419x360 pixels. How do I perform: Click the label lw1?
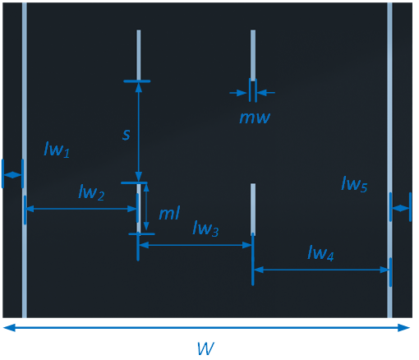point(57,150)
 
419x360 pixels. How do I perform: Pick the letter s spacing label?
point(126,133)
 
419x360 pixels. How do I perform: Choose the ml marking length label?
point(169,213)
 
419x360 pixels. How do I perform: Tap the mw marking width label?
point(255,117)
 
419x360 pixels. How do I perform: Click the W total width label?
point(206,348)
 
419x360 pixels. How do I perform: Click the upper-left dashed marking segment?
point(139,53)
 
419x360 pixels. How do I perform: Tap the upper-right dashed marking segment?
point(253,53)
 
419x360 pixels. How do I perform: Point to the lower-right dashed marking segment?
point(253,209)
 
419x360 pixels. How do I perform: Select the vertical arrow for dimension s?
point(139,132)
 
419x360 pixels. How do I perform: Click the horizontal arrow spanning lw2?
point(81,210)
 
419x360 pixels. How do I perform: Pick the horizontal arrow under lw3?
point(196,245)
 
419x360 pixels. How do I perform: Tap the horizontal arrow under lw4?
point(321,270)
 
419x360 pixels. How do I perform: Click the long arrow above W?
point(206,328)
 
